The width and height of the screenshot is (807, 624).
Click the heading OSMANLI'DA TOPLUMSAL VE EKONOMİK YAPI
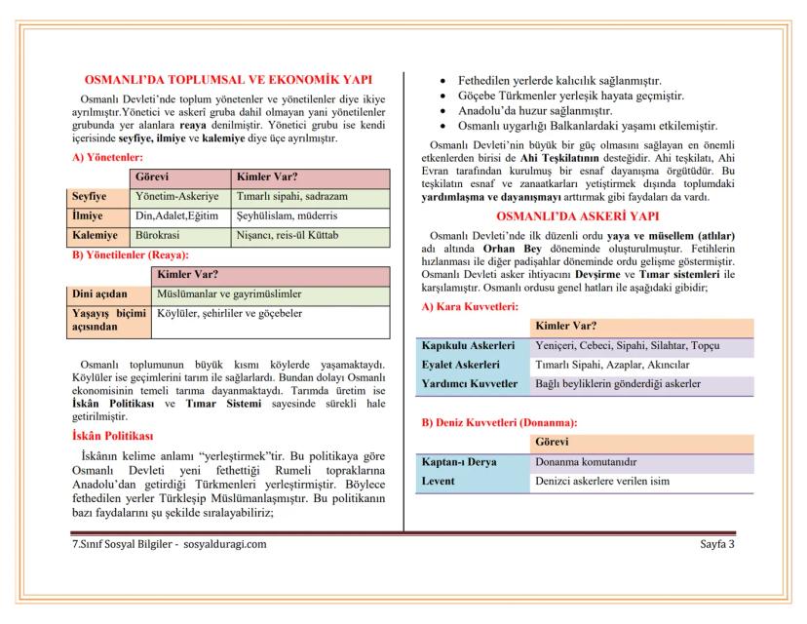point(228,80)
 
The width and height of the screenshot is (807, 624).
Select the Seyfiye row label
point(90,196)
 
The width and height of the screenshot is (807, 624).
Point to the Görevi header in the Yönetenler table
point(153,177)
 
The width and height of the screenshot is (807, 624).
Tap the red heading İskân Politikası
point(112,436)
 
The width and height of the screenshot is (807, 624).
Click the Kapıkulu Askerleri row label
point(467,346)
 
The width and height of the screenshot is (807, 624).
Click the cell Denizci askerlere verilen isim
point(602,482)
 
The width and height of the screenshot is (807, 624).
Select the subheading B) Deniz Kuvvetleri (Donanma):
point(498,423)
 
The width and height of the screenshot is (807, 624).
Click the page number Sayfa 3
point(717,543)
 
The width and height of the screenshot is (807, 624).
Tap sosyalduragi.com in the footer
point(224,543)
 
